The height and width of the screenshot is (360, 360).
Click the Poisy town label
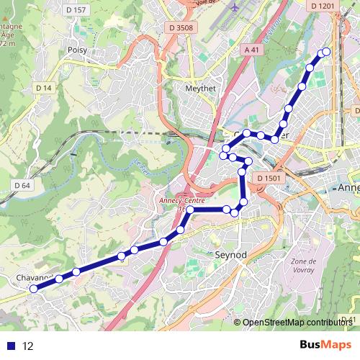(x=77, y=50)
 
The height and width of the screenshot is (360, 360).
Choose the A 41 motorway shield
(x=251, y=50)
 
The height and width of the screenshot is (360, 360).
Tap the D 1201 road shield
(x=325, y=6)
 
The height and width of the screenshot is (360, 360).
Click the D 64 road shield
(x=22, y=185)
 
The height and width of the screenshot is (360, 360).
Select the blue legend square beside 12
(x=11, y=346)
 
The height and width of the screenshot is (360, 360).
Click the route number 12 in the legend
(x=28, y=346)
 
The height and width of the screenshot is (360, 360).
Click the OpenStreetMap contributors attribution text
(x=298, y=323)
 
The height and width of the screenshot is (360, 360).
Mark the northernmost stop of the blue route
(x=326, y=51)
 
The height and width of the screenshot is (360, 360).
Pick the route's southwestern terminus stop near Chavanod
(x=32, y=289)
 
